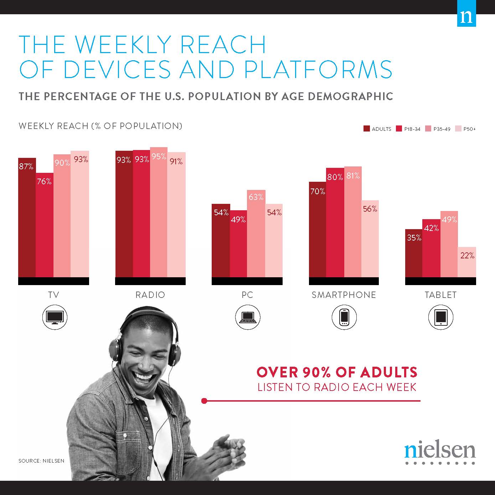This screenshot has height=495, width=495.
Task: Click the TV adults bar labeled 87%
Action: (27, 217)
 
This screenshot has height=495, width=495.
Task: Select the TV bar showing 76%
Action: (45, 225)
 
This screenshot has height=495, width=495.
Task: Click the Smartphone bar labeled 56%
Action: (370, 239)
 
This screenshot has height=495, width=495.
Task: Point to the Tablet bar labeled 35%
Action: (414, 253)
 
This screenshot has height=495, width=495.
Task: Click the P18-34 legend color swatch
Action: (399, 129)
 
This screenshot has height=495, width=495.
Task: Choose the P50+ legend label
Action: (470, 129)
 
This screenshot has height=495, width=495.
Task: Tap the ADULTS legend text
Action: (381, 129)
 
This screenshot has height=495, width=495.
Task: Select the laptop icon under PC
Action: (248, 317)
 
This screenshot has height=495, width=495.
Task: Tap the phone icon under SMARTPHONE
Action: (344, 317)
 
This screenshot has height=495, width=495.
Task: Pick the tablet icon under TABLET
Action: (440, 317)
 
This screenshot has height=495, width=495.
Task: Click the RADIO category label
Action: (150, 295)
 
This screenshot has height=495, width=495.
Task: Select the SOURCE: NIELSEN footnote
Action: (41, 461)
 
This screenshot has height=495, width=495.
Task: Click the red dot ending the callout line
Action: (204, 401)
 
